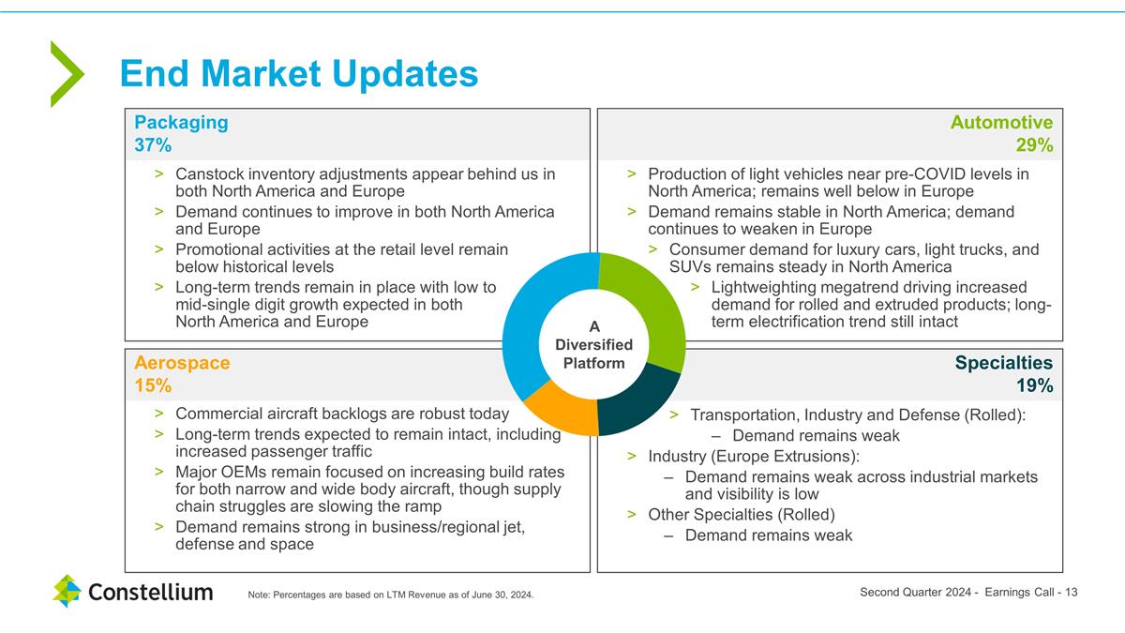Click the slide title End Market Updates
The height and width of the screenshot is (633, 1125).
point(299,74)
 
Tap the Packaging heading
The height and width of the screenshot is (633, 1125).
point(181,122)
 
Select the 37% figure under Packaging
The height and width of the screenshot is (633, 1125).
point(153,144)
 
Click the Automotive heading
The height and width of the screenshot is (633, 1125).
point(1001,122)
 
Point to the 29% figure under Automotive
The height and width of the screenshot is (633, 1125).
point(1035,144)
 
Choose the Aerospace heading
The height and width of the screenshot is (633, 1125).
point(182,363)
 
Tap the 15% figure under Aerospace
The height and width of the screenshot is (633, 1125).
point(153,385)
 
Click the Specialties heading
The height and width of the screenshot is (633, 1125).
point(1004,363)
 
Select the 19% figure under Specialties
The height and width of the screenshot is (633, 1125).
point(1035,385)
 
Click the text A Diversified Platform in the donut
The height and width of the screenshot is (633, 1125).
point(593,345)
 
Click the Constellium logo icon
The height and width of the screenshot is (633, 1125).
point(67,591)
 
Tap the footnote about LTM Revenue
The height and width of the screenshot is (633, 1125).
point(391,595)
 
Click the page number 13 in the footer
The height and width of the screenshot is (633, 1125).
point(1071,593)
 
